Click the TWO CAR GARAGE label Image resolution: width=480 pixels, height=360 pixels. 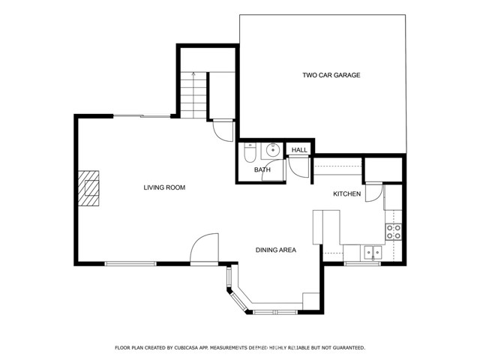(x=331, y=75)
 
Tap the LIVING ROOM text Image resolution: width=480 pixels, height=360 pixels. (x=164, y=187)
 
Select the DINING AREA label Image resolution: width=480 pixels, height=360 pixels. (x=276, y=250)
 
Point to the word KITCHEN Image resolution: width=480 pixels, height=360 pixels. (x=347, y=194)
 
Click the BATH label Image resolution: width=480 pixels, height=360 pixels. (x=262, y=170)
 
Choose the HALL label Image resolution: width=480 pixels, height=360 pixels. (x=300, y=151)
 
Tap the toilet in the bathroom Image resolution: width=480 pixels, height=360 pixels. (x=250, y=152)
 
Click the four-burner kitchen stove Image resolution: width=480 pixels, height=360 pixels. (x=393, y=232)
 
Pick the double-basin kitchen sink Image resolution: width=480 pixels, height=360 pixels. (x=371, y=253)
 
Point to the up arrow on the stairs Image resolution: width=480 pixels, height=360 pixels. (x=193, y=75)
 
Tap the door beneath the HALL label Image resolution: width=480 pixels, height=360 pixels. (x=298, y=169)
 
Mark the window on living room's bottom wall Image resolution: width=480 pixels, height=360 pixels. (x=130, y=263)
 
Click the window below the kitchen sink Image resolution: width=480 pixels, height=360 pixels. (x=363, y=264)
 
